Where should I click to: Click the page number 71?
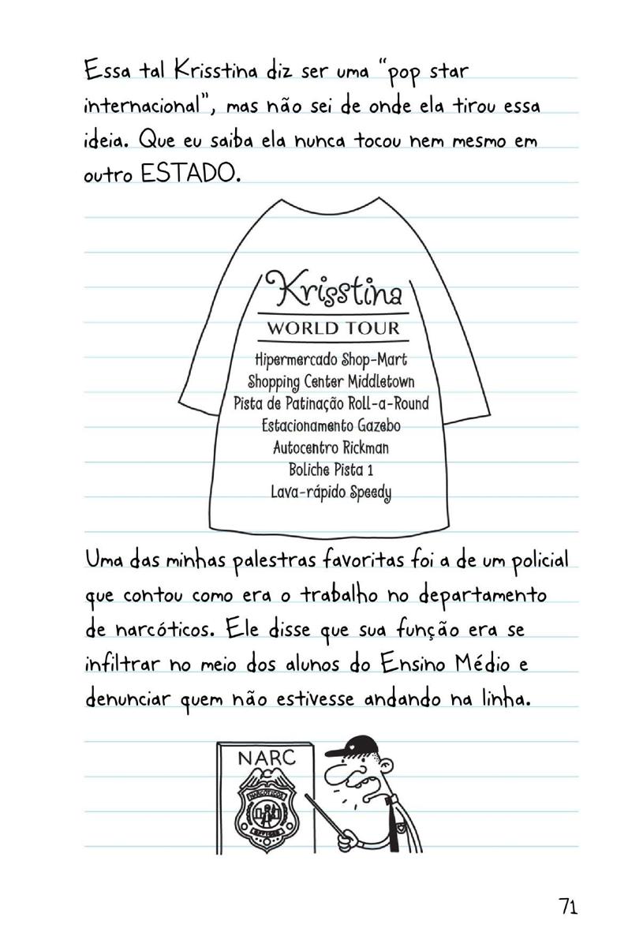(x=567, y=906)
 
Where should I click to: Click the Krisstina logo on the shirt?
(x=335, y=291)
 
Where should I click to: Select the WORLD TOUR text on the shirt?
(x=334, y=328)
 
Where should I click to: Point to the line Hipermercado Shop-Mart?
(x=332, y=361)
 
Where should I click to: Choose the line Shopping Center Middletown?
(x=331, y=383)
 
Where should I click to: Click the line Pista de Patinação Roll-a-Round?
(x=331, y=404)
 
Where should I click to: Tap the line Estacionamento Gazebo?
(x=331, y=426)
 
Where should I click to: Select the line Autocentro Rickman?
(x=331, y=448)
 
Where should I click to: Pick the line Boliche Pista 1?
(x=331, y=470)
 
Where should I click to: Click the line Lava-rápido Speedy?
(x=331, y=492)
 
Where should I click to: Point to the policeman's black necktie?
(x=392, y=825)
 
